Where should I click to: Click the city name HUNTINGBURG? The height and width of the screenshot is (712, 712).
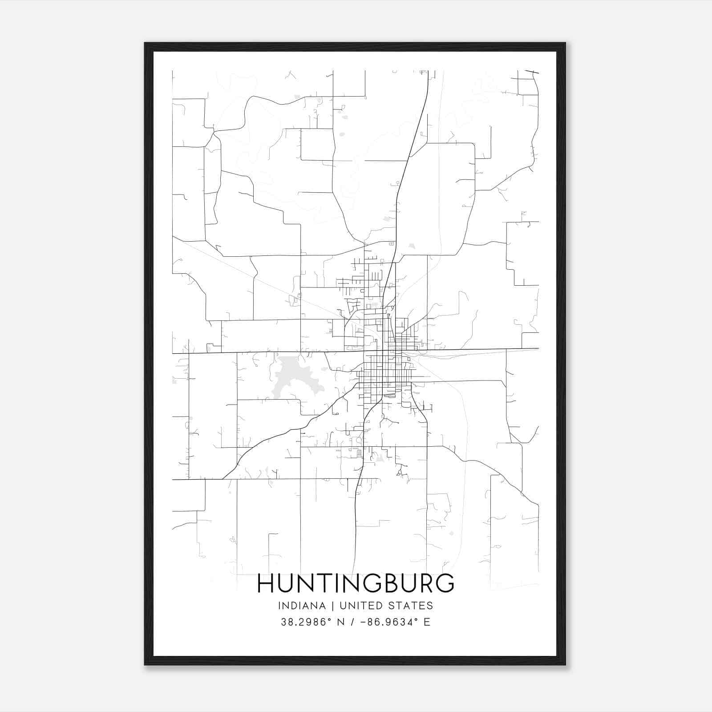(x=356, y=583)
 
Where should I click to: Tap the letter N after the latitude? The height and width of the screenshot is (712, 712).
(x=341, y=622)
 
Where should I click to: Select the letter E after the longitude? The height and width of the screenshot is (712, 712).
(x=427, y=622)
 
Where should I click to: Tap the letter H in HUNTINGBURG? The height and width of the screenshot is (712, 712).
(x=266, y=583)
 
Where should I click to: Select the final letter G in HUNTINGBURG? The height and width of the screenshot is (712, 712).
(x=445, y=583)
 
